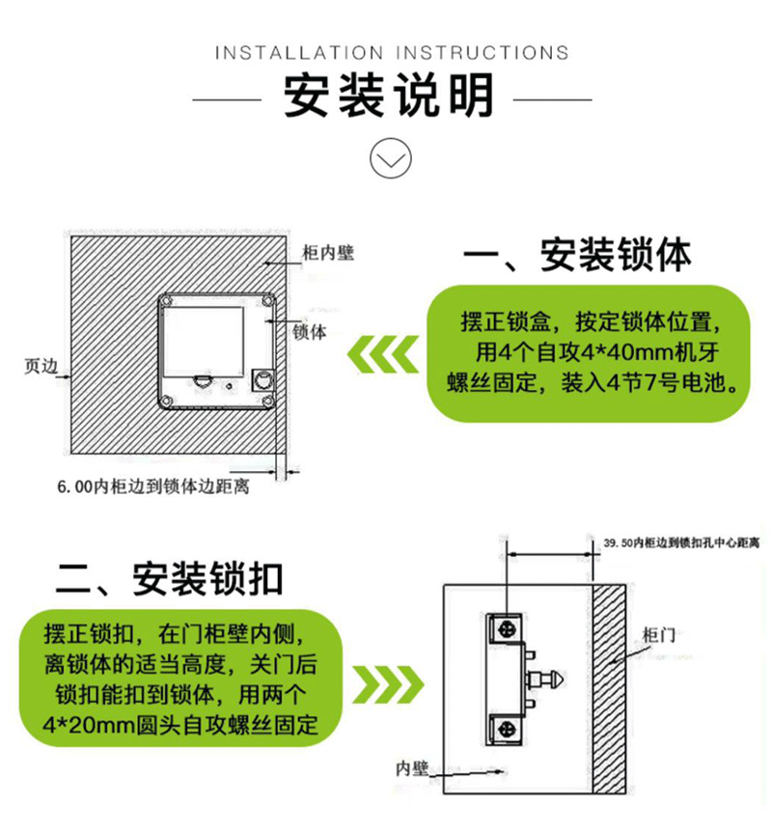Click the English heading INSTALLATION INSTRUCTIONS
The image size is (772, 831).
392,53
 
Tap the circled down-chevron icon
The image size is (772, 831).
391,158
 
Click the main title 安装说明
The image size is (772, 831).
390,96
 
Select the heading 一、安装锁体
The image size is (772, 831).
577,256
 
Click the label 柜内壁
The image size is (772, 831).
328,253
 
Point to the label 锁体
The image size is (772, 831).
310,332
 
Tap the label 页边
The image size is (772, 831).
41,366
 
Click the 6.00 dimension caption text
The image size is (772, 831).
153,486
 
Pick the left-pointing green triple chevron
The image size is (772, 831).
382,354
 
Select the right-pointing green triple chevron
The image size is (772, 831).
388,684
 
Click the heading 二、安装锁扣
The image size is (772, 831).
169,578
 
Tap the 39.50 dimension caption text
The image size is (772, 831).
681,542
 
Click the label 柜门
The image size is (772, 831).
658,634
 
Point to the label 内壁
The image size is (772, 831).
412,768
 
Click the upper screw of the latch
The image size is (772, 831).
507,629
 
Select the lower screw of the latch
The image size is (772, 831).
507,730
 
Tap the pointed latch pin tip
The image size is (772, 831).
560,679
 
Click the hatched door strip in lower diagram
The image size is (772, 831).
609,689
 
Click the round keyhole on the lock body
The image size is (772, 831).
262,380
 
